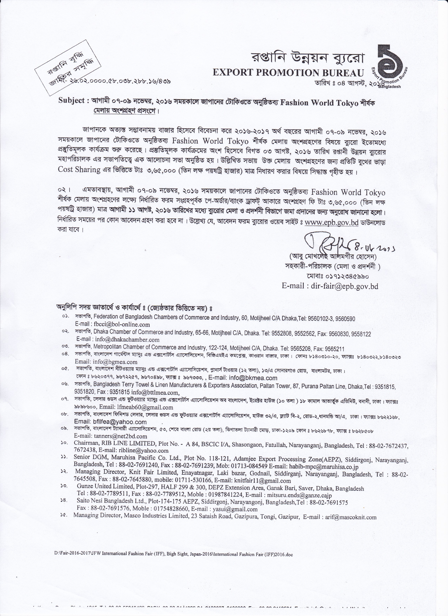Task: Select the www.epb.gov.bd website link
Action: click(x=331, y=223)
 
